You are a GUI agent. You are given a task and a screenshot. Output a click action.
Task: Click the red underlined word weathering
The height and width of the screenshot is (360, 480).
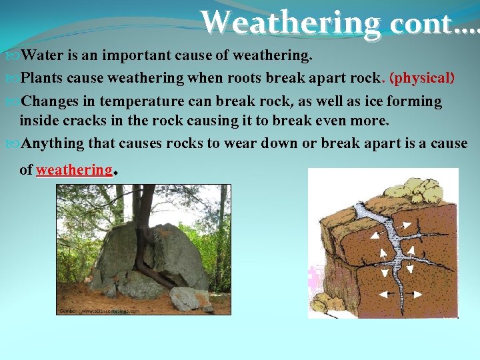pyautogui.click(x=74, y=169)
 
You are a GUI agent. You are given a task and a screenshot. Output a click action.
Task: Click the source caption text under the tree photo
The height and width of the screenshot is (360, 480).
pyautogui.click(x=100, y=311)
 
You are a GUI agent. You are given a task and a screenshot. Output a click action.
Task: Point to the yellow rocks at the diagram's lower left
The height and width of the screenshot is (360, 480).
pyautogui.click(x=324, y=303)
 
